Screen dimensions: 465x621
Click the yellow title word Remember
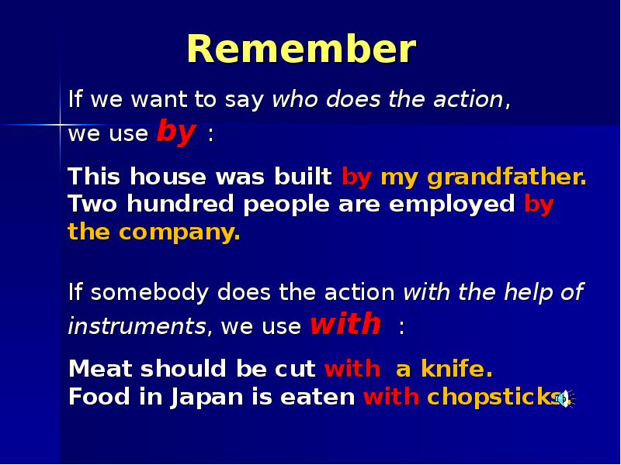[x=301, y=50]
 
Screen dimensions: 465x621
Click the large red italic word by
[x=176, y=132]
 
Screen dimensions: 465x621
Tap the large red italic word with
[x=345, y=323]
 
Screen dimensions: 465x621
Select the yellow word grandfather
[x=506, y=177]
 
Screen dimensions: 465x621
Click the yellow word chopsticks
[x=493, y=397]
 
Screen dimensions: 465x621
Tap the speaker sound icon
[x=565, y=398]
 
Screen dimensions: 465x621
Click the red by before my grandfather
[x=357, y=177]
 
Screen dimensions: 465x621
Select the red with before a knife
[x=352, y=368]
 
